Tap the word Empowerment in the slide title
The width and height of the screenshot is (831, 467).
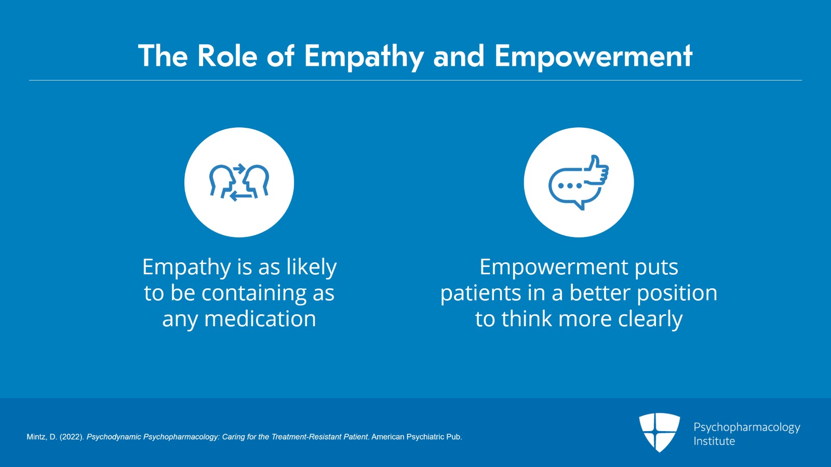tap(594, 57)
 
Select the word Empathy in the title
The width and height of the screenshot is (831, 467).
tap(364, 57)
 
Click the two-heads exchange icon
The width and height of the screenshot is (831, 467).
tap(239, 182)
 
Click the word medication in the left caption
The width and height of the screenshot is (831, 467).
tap(260, 318)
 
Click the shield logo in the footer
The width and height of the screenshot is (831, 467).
tap(659, 432)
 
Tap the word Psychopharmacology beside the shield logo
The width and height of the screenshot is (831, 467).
tap(747, 428)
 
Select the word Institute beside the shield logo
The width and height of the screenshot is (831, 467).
tap(714, 441)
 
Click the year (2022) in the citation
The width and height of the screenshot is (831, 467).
tap(72, 437)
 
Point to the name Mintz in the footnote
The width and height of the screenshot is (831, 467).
tap(36, 437)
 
